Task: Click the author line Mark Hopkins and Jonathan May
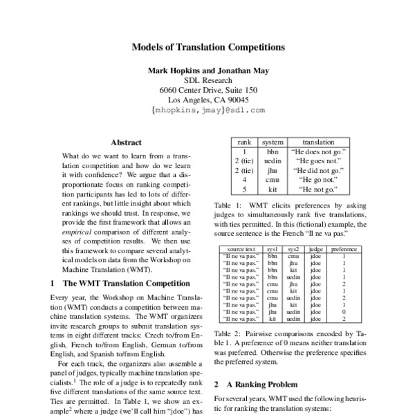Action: click(207, 70)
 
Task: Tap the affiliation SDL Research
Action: click(207, 80)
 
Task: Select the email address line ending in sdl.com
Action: click(207, 109)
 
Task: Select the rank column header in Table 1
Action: click(244, 141)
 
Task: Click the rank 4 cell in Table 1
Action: click(244, 179)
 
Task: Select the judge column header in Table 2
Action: click(315, 247)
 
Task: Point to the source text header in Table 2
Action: click(241, 247)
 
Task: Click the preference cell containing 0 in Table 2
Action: click(343, 312)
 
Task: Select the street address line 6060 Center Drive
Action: click(207, 89)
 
